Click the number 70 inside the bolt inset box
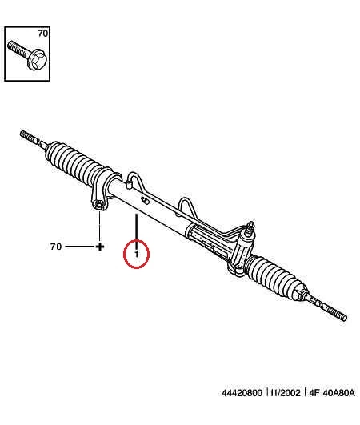(x=42, y=34)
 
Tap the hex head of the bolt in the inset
(x=38, y=60)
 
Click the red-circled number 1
(x=136, y=254)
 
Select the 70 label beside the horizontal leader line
(x=56, y=247)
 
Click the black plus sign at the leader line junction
(x=100, y=247)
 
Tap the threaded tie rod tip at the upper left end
(x=29, y=137)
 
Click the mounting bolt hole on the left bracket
(x=98, y=205)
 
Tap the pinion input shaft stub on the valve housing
(x=250, y=227)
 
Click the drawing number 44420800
(x=242, y=393)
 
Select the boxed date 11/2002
(x=286, y=392)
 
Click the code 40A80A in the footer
(x=338, y=393)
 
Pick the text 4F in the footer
(x=314, y=393)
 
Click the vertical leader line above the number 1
(x=137, y=227)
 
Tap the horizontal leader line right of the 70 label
(x=81, y=247)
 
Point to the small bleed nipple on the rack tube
(x=146, y=201)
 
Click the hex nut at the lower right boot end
(x=300, y=295)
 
